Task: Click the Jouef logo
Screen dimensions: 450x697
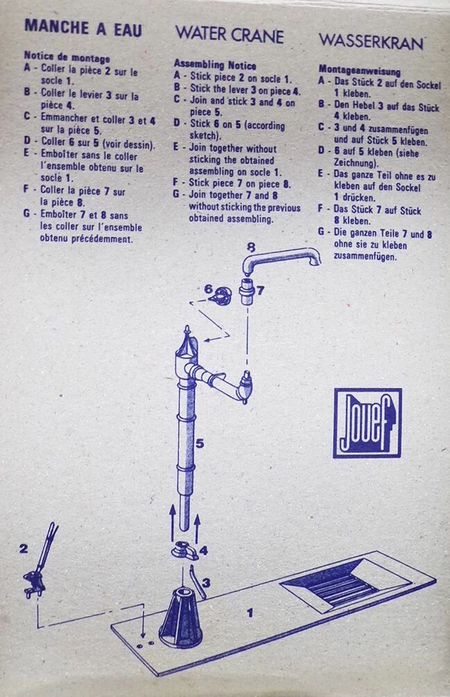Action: tap(367, 423)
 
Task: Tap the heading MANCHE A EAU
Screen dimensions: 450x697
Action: tap(83, 28)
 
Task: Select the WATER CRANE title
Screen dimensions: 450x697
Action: tap(230, 35)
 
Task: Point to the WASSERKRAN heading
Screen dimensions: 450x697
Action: tap(371, 42)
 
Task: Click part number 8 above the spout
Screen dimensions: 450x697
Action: tap(251, 247)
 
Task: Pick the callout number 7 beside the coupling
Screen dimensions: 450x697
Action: tap(260, 291)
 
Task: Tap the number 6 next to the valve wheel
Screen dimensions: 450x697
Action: tap(208, 289)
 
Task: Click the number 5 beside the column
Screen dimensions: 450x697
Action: tap(200, 443)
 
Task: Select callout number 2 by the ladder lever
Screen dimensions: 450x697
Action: tap(23, 549)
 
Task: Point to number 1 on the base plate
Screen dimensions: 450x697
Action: tap(250, 613)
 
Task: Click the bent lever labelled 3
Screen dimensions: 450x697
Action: tap(197, 581)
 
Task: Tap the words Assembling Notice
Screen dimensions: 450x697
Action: tap(215, 65)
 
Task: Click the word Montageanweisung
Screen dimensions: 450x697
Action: tap(359, 70)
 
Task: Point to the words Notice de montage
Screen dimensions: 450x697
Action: tap(67, 57)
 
